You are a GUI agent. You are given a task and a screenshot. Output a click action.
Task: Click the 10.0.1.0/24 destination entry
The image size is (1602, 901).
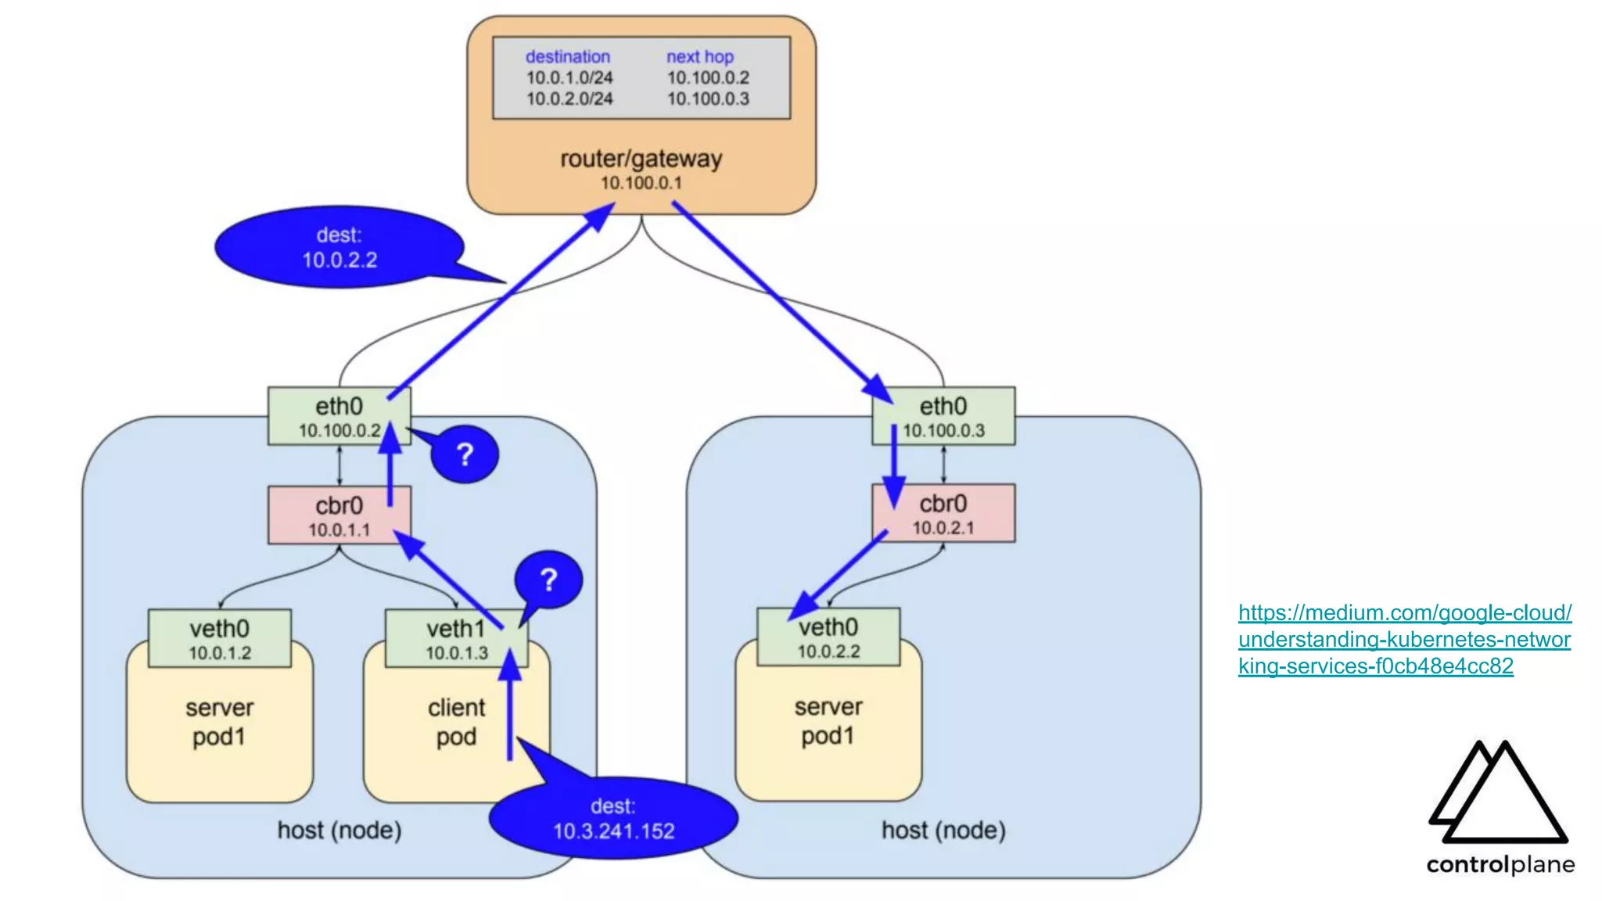click(x=569, y=77)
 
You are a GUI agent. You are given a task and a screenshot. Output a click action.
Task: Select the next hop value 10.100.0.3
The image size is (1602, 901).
click(x=707, y=99)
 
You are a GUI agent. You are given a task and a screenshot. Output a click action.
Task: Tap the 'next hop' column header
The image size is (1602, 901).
click(x=699, y=56)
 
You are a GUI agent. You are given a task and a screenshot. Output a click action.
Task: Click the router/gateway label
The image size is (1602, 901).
click(x=641, y=159)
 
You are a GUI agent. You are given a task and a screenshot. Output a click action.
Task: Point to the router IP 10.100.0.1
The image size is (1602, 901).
click(x=641, y=183)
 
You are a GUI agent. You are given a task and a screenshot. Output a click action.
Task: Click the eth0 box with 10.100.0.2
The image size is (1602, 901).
click(x=339, y=416)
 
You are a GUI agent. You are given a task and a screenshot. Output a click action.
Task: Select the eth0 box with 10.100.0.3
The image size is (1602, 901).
click(x=943, y=416)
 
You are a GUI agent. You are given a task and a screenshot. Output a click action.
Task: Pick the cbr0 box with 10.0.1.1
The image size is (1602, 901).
click(x=339, y=515)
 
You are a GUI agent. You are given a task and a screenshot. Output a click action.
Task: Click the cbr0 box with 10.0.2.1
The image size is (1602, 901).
click(x=943, y=513)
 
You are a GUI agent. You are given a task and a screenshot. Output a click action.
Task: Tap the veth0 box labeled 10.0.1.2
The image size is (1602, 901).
click(x=219, y=638)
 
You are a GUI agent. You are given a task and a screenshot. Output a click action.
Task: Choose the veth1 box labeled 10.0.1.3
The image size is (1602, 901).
click(x=456, y=638)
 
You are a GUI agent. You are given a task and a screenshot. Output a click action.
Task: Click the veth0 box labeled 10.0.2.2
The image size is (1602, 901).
click(x=828, y=637)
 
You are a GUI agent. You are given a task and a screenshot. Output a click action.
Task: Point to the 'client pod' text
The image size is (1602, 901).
click(x=456, y=722)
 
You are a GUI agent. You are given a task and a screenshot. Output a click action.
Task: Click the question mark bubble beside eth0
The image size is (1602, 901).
click(x=465, y=454)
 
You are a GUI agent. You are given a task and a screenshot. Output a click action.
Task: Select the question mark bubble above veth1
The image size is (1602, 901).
click(x=548, y=580)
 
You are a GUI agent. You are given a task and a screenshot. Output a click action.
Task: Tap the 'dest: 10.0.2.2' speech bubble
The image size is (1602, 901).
click(x=339, y=247)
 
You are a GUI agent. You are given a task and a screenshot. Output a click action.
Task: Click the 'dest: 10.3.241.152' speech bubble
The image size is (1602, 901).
click(x=613, y=818)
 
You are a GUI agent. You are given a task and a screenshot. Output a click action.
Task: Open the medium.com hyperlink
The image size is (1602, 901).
click(x=1404, y=639)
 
